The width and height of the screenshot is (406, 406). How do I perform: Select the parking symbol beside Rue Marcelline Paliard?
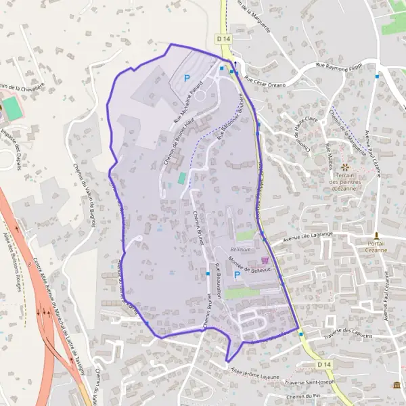click(187, 78)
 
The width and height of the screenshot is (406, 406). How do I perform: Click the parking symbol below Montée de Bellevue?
click(237, 275)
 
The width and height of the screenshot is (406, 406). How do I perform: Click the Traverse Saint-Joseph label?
click(311, 382)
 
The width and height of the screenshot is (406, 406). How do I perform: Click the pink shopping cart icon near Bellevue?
click(264, 260)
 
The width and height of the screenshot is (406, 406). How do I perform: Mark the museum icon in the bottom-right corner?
click(397, 385)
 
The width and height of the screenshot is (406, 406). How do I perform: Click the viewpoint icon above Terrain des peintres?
click(345, 166)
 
